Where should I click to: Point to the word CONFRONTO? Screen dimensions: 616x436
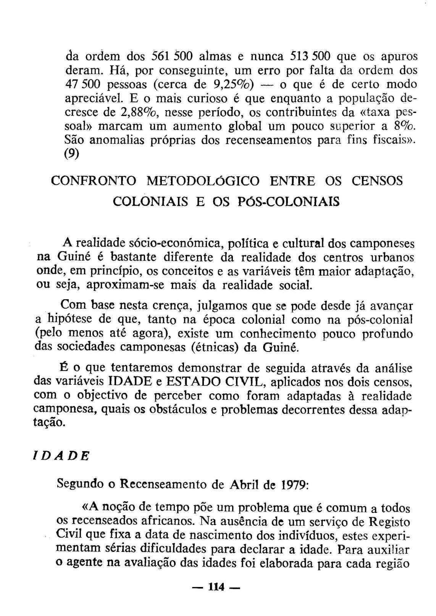click(93, 181)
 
